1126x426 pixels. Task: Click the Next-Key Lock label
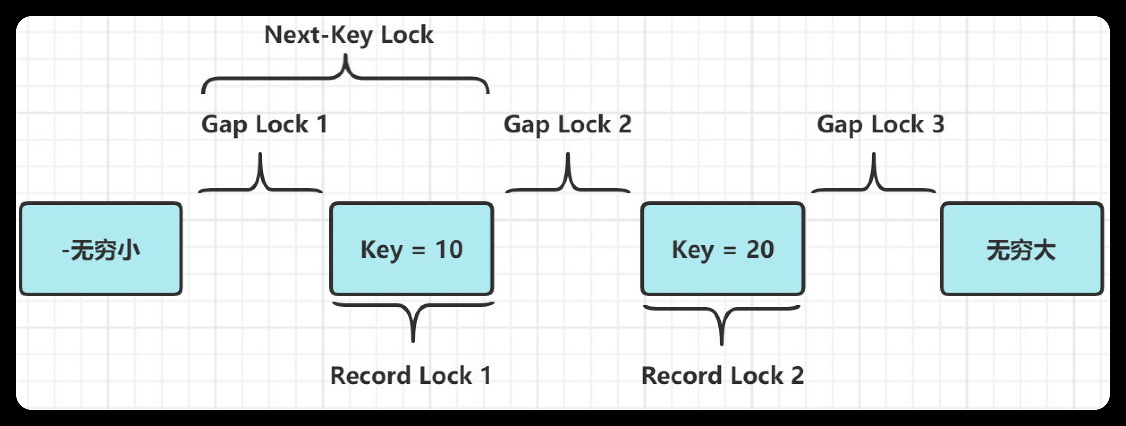pos(349,35)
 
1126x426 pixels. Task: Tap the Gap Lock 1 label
pos(265,124)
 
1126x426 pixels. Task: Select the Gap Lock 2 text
pos(567,124)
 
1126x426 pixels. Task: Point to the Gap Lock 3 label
pos(880,124)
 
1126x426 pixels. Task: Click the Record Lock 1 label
pos(411,375)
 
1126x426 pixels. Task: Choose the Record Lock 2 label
pos(723,375)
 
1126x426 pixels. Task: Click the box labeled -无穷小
pos(101,249)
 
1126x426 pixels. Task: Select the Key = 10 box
pos(411,249)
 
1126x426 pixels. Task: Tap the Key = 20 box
pos(723,249)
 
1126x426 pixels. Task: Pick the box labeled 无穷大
pos(1022,249)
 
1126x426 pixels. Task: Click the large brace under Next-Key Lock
pos(345,79)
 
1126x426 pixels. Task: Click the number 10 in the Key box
pos(449,249)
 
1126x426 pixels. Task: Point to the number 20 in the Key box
pos(760,249)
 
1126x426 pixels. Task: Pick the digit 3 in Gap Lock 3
pos(938,124)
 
